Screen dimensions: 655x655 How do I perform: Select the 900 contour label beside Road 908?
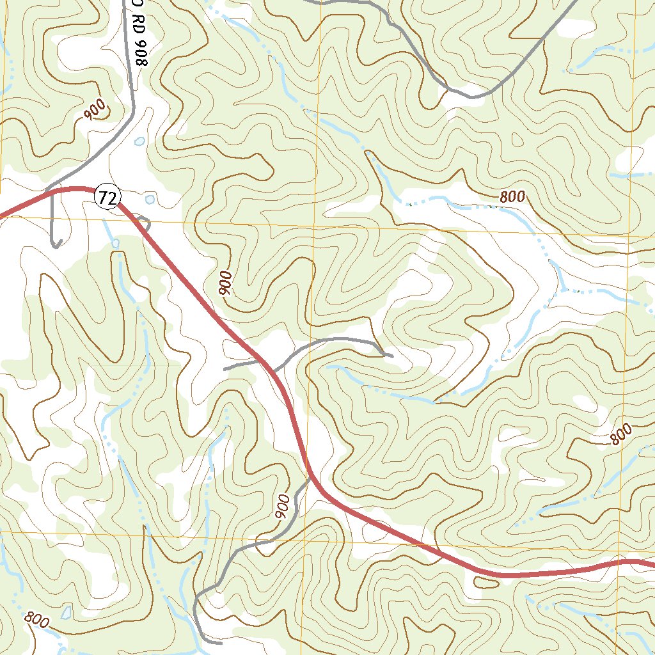coord(94,112)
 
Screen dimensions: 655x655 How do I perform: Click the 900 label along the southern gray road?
coord(283,505)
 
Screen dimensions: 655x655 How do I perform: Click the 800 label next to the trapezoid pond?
coord(37,619)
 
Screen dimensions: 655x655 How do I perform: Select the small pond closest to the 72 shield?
coord(150,200)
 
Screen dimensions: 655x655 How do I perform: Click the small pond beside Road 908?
coord(139,141)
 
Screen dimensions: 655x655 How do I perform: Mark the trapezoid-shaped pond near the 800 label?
coord(66,612)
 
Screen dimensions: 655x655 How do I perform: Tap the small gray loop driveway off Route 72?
coord(145,223)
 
